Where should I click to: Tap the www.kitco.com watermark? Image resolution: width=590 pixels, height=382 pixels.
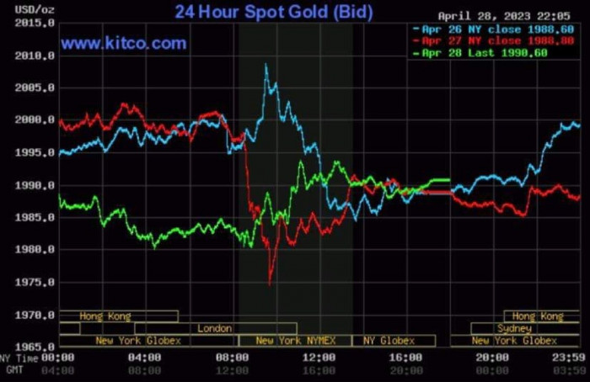click(124, 43)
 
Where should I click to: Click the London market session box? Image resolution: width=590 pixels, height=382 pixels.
click(214, 328)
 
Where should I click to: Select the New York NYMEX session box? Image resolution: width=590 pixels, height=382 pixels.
click(294, 341)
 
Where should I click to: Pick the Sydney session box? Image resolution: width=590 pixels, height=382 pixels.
click(514, 328)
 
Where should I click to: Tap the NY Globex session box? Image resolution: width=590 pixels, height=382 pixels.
click(389, 341)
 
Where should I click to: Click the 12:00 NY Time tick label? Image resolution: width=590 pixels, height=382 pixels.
click(319, 357)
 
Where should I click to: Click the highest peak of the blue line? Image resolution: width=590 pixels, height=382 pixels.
click(266, 65)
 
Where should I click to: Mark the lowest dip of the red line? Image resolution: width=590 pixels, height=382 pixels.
click(270, 284)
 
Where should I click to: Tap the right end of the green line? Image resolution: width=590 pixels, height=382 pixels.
click(448, 179)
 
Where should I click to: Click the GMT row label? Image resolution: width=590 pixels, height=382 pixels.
click(13, 369)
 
